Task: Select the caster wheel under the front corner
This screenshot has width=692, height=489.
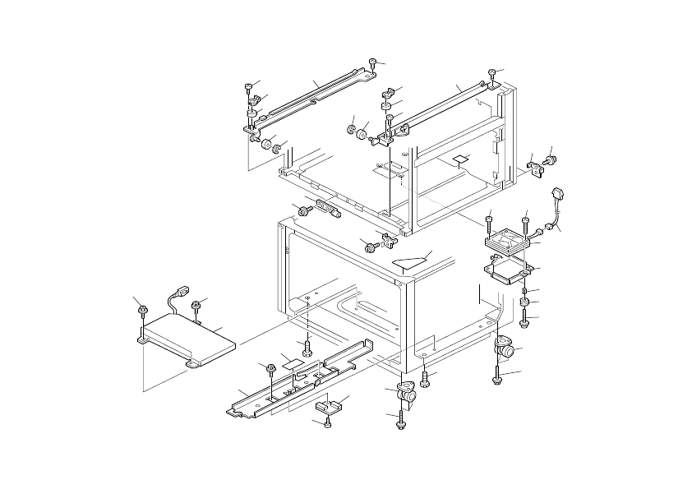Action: point(406,395)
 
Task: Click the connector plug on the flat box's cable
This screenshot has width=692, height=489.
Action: point(182,292)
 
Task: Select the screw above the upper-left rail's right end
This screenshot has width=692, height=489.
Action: point(373,62)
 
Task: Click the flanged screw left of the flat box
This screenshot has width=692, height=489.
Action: point(142,311)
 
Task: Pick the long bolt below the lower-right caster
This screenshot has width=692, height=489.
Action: point(498,379)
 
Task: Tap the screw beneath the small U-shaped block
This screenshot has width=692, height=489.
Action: point(328,423)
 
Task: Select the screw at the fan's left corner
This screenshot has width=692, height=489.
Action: point(489,221)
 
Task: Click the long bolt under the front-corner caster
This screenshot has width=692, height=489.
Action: point(400,419)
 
